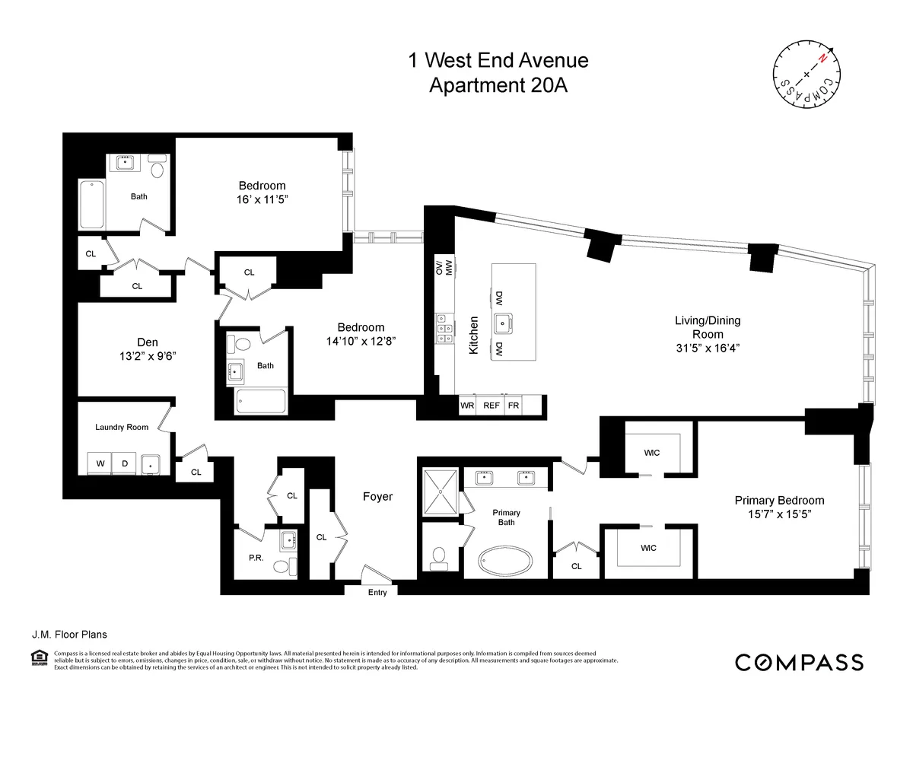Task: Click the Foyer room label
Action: [377, 497]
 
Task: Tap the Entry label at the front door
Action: [377, 592]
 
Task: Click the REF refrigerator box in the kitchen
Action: [491, 406]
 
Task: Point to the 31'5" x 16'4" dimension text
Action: [707, 348]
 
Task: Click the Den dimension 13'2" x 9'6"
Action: [148, 355]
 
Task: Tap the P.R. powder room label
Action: [256, 558]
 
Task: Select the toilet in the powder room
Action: [282, 565]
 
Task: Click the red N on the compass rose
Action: [822, 59]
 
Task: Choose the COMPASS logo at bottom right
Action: [799, 662]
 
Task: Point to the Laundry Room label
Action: [122, 427]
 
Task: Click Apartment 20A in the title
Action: [498, 85]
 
